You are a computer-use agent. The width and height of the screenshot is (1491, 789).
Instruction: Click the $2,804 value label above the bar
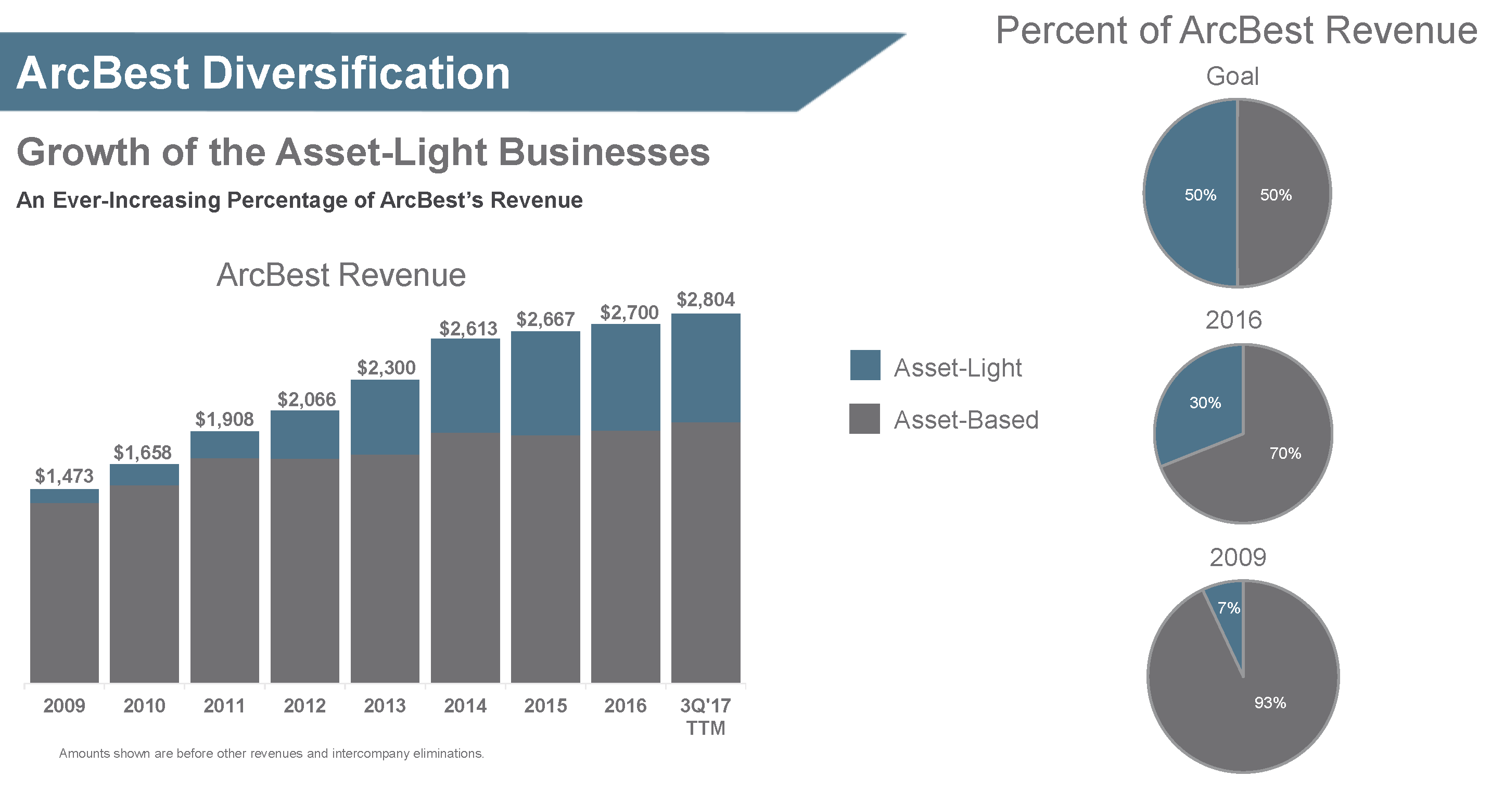click(706, 299)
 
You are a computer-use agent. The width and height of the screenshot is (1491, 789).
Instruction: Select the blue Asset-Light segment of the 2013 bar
click(385, 417)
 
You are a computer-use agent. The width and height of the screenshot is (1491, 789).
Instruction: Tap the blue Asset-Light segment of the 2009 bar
click(64, 496)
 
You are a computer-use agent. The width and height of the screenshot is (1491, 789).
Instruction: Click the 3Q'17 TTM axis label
click(706, 716)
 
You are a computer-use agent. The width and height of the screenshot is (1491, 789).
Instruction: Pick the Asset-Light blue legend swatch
click(865, 365)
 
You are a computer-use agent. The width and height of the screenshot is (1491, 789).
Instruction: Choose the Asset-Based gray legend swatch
click(865, 419)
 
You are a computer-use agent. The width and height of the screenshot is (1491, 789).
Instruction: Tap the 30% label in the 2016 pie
click(1205, 403)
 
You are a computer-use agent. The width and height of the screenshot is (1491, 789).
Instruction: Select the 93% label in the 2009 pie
click(1270, 703)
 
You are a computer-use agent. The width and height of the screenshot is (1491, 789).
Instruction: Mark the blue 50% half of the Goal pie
click(1192, 194)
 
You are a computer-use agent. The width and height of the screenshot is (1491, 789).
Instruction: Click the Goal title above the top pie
click(1232, 77)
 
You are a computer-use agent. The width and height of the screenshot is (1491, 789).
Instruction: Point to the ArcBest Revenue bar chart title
click(341, 274)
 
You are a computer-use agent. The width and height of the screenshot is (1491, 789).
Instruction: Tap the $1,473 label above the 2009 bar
click(64, 475)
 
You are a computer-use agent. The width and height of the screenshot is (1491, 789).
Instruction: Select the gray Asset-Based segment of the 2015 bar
click(545, 559)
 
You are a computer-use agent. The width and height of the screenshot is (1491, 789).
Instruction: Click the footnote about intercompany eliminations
click(272, 753)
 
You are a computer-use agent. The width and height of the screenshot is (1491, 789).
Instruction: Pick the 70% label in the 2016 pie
click(1285, 453)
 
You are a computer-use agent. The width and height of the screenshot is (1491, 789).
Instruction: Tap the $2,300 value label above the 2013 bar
click(386, 367)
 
